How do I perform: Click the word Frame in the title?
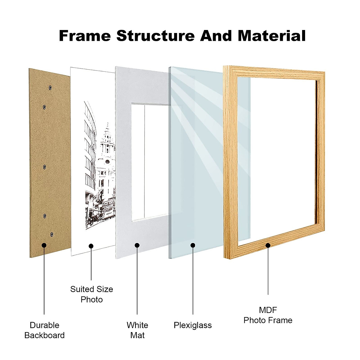point(85,36)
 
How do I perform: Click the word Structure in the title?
point(155,36)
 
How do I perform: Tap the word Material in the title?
point(271,36)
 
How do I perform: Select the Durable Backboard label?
point(44,330)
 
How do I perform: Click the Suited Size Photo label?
point(91,294)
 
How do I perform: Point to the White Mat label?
point(137,330)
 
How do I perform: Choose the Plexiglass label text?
point(193,325)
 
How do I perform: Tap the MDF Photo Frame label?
point(268,315)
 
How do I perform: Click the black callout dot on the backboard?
point(44,245)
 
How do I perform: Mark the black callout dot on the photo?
point(91,246)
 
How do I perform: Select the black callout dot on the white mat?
point(137,245)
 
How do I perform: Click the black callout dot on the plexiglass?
point(193,245)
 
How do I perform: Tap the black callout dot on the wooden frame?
point(268,245)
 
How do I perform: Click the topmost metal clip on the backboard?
point(50,88)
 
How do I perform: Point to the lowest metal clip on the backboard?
point(52,234)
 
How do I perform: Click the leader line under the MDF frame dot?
point(268,270)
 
